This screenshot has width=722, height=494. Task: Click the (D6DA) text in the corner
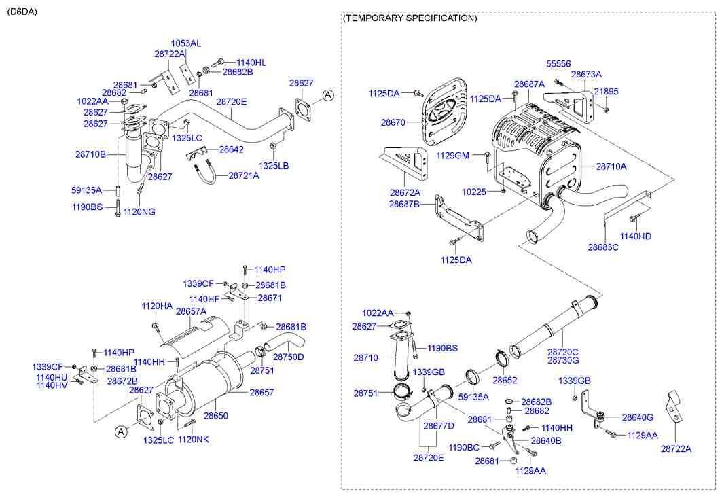click(x=22, y=12)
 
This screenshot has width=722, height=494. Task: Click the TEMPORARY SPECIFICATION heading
click(x=410, y=18)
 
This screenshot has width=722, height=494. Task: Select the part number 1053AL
click(x=185, y=43)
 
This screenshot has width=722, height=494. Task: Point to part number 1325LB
click(x=273, y=166)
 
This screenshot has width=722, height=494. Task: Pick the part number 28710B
click(x=90, y=154)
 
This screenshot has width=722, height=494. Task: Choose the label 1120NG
click(x=139, y=212)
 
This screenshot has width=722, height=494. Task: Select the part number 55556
click(x=558, y=63)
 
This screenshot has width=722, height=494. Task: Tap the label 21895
click(x=607, y=91)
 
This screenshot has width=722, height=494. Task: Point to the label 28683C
click(x=603, y=248)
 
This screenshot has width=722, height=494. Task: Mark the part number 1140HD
click(x=636, y=236)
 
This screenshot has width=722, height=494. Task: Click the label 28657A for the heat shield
click(x=191, y=311)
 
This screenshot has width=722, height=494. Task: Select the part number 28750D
click(x=288, y=357)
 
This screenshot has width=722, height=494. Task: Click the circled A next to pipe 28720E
click(x=327, y=96)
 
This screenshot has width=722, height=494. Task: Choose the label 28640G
click(x=638, y=417)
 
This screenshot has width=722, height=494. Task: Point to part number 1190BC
click(x=464, y=447)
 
